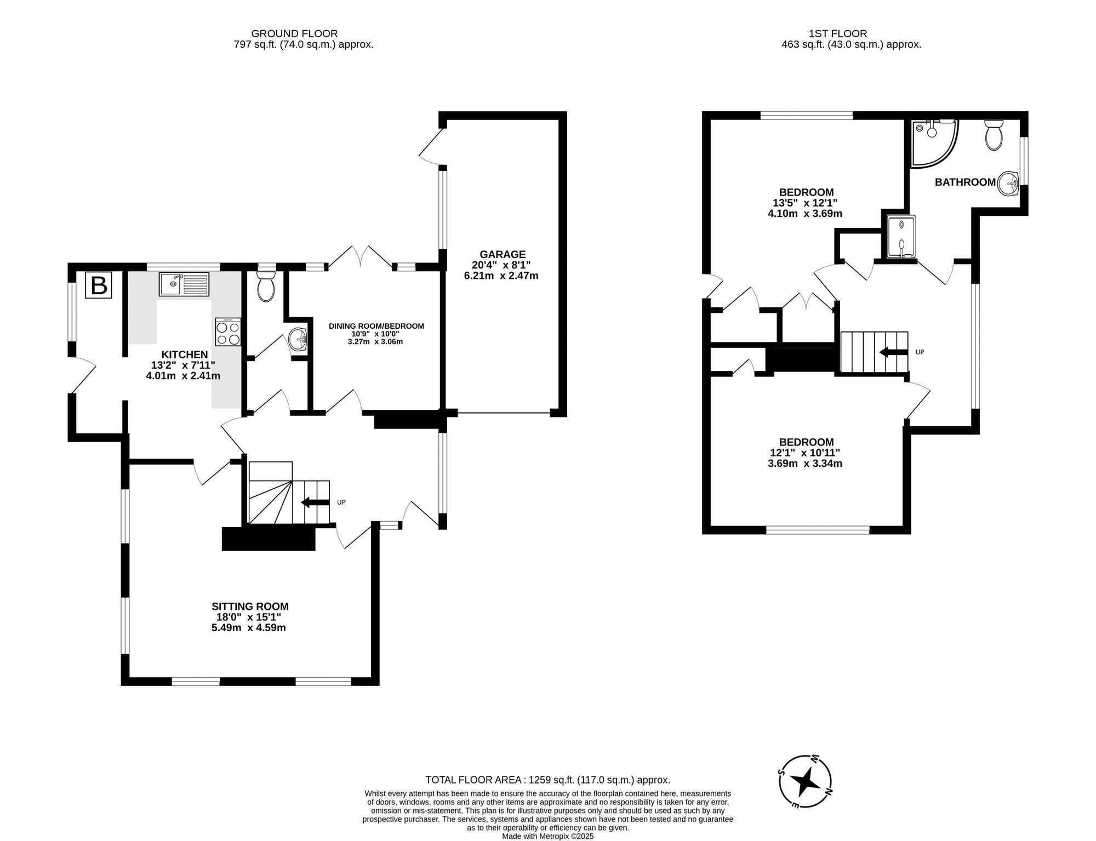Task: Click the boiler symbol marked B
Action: (x=99, y=285)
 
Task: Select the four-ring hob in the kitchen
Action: (x=229, y=332)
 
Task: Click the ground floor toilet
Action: (x=266, y=287)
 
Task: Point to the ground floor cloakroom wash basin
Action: (x=298, y=339)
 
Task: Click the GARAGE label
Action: (x=502, y=254)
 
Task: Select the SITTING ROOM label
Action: (x=250, y=607)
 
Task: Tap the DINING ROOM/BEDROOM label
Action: (x=376, y=326)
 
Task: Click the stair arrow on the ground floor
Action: (x=315, y=502)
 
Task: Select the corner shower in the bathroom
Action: (x=933, y=141)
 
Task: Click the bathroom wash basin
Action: (x=1007, y=184)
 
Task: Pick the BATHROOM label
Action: (x=964, y=182)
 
